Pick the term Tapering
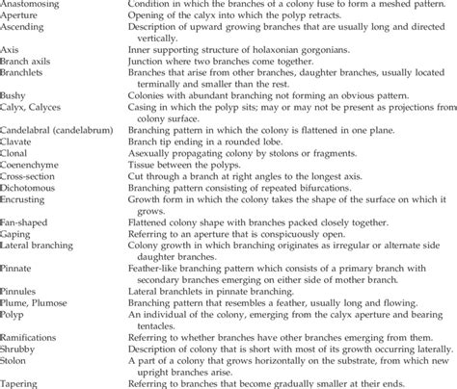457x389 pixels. click(22, 383)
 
